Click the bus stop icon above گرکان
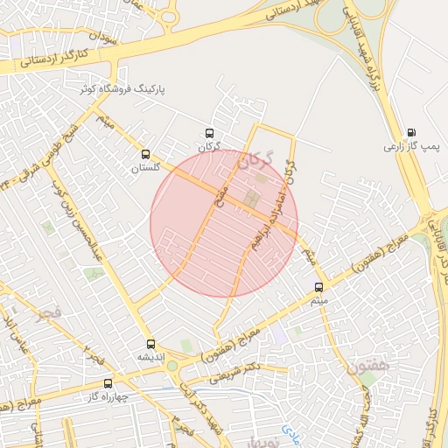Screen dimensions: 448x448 pos(208,133)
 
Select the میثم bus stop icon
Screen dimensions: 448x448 pos(318,287)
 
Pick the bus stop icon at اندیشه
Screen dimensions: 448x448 pos(150,344)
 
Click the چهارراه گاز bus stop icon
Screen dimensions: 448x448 pos(108,382)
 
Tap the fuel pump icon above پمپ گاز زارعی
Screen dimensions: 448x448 pos(411,133)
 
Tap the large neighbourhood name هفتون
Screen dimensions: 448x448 pos(360,360)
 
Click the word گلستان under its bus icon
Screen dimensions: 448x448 pos(146,167)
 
